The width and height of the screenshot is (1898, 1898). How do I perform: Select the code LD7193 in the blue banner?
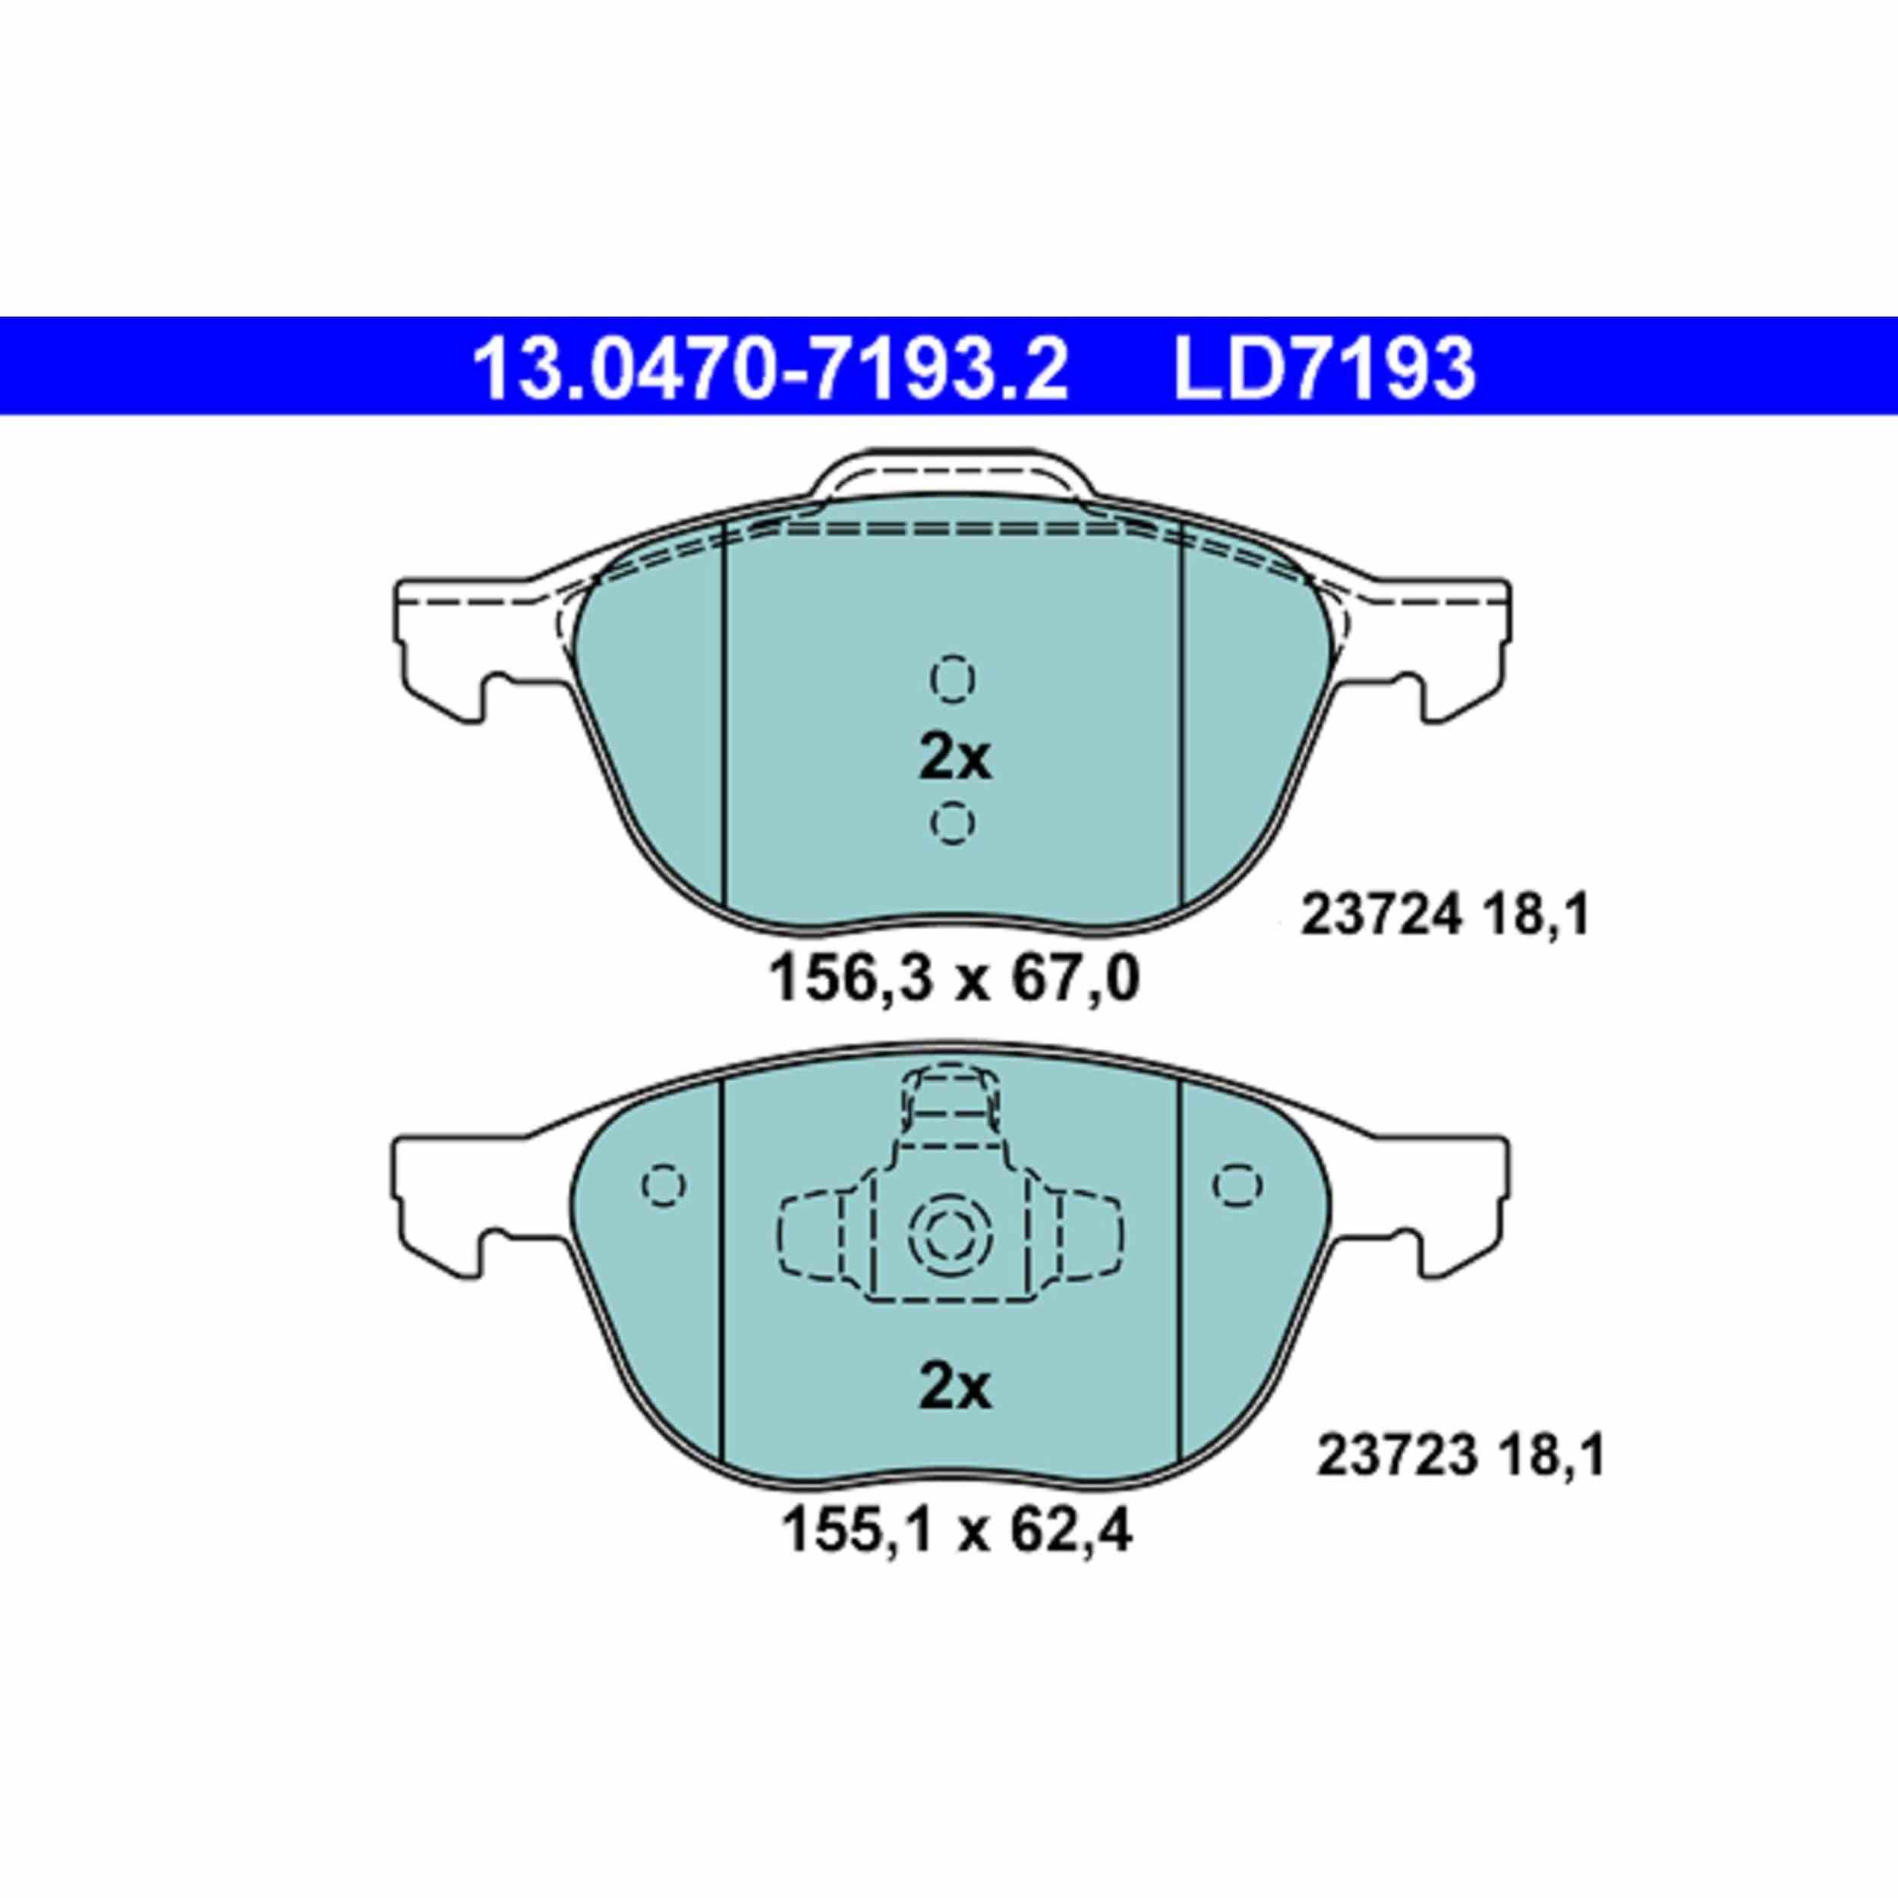1323,367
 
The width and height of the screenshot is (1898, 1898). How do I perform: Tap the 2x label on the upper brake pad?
954,759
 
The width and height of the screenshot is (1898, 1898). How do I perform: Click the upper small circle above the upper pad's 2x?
951,678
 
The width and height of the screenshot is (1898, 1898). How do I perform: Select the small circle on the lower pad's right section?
1237,1185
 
